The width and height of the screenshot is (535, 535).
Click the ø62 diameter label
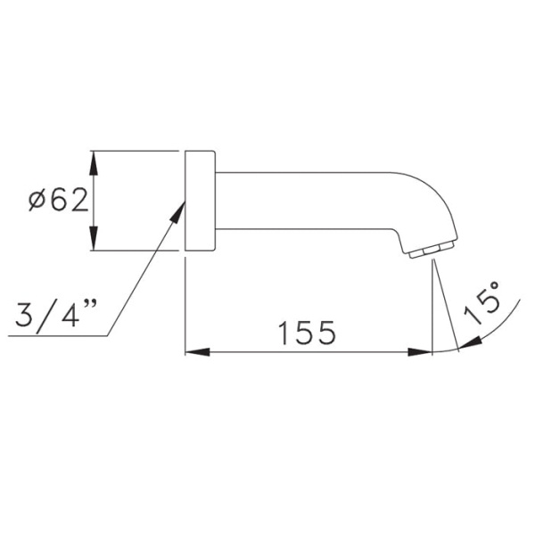click(58, 201)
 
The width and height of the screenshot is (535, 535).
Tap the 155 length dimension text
click(307, 333)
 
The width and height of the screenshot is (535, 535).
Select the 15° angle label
click(482, 303)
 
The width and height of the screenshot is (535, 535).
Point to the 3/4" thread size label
click(56, 313)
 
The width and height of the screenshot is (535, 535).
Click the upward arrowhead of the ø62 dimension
click(94, 163)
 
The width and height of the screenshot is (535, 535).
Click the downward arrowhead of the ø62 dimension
click(94, 238)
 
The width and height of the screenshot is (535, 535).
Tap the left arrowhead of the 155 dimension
click(198, 352)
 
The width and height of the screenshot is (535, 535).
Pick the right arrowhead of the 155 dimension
click(420, 352)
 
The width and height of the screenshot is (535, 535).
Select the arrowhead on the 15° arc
click(470, 343)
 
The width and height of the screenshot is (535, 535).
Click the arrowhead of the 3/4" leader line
click(177, 213)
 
